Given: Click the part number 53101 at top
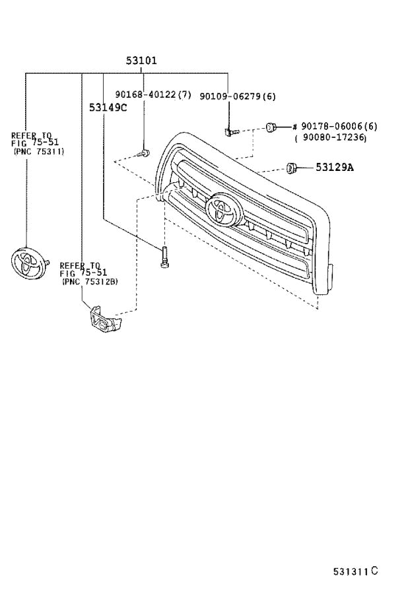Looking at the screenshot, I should [x=141, y=61].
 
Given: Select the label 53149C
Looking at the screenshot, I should [x=108, y=108].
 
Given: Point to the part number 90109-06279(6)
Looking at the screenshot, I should [x=237, y=96].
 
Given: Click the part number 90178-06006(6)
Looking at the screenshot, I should [x=339, y=126].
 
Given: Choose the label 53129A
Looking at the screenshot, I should [x=334, y=168].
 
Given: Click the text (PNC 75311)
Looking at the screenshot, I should [x=38, y=151].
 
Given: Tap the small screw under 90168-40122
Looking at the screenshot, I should [x=143, y=154].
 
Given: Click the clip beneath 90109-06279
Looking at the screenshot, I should [x=229, y=132].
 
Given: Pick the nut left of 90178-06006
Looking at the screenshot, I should [x=271, y=127].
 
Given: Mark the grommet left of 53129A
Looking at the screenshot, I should [x=290, y=168].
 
